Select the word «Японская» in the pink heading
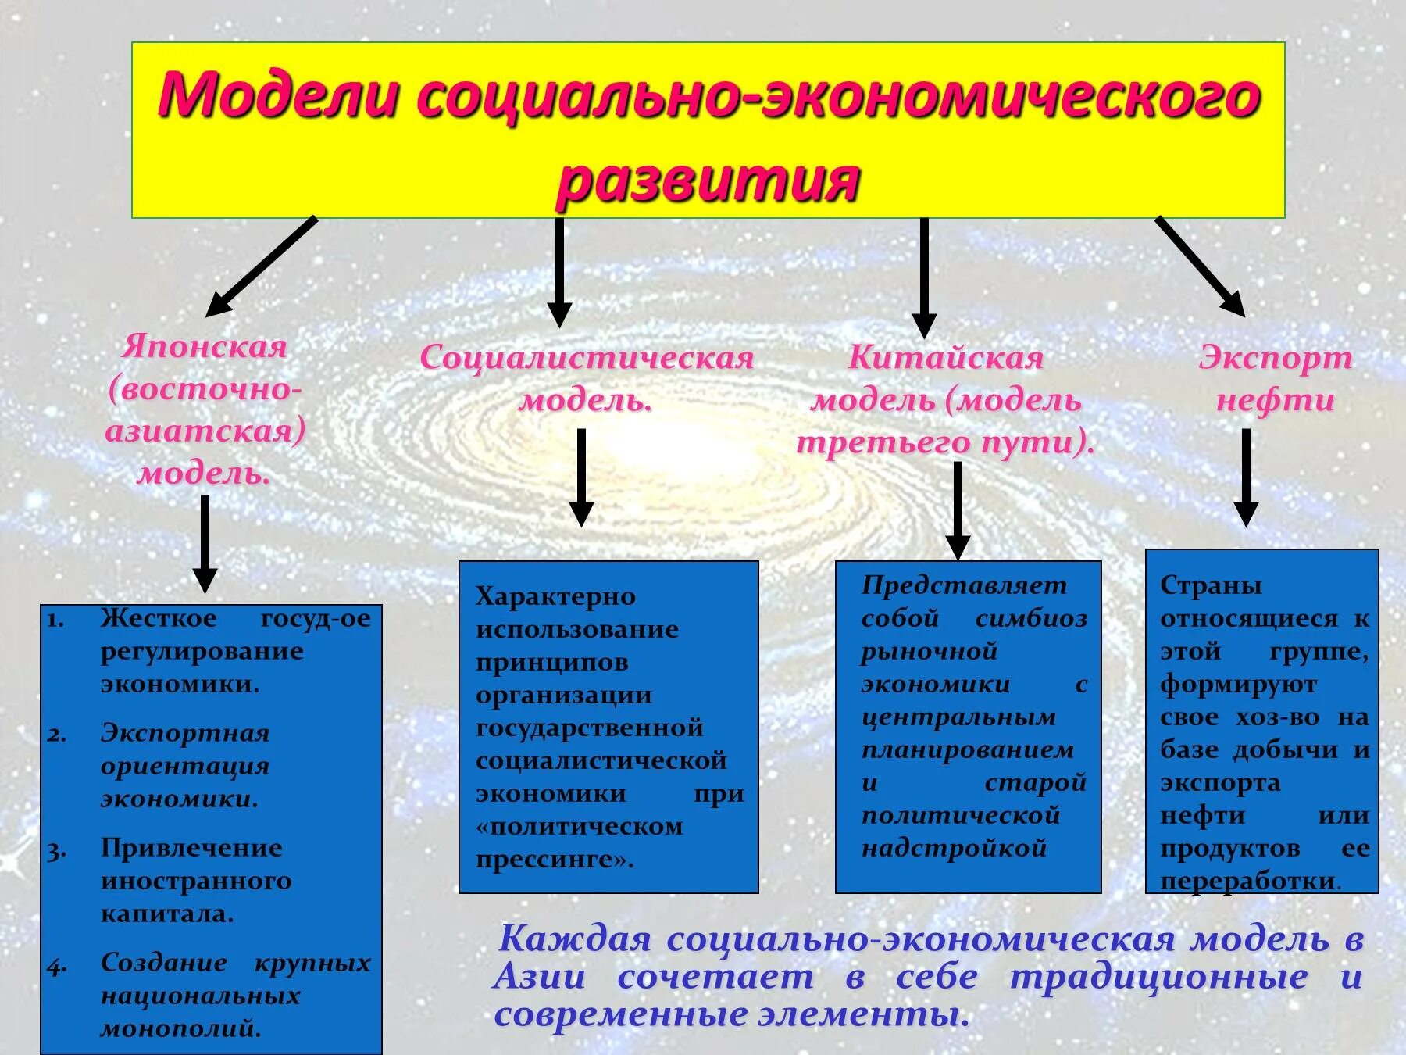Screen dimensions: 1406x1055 (x=205, y=347)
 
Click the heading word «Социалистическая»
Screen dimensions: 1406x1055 (x=587, y=358)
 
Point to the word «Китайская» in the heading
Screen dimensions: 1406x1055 (x=946, y=358)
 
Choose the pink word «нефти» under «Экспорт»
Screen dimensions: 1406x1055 (x=1276, y=400)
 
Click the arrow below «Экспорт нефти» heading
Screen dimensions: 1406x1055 (x=1246, y=477)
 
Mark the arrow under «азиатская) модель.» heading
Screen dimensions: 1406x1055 (x=205, y=543)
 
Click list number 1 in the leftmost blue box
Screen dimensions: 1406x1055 (x=55, y=620)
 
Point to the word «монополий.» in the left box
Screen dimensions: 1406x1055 (x=180, y=1028)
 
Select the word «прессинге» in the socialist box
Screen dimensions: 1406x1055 (x=552, y=860)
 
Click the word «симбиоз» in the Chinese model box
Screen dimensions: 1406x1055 (x=1031, y=619)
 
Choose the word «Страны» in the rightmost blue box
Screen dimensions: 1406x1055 (x=1211, y=585)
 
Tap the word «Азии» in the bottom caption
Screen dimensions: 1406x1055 (x=540, y=977)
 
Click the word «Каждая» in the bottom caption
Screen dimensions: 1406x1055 (x=574, y=939)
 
